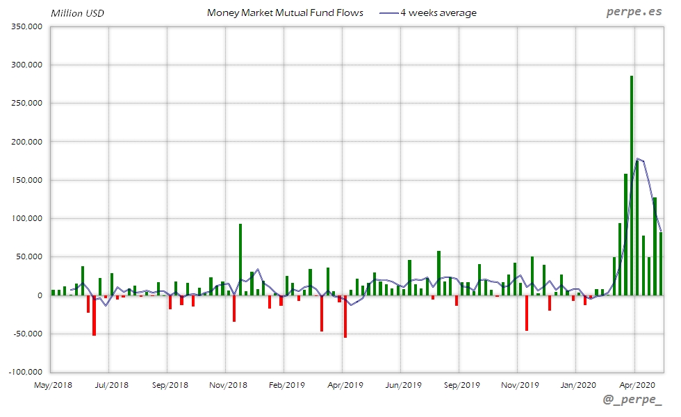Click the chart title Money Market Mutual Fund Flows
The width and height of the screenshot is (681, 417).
point(285,13)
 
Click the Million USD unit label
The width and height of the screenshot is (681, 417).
point(77,13)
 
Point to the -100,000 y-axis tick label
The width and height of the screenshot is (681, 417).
point(26,372)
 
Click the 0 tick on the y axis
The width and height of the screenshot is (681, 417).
point(40,295)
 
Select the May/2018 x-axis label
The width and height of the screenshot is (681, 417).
point(53,384)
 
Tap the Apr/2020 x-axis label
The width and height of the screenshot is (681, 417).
point(635,384)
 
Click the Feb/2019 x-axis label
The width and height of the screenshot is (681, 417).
point(286,384)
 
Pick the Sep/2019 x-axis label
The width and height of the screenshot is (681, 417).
point(461,384)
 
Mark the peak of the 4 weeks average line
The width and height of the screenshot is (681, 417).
point(637,159)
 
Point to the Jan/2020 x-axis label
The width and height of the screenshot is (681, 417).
point(577,384)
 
